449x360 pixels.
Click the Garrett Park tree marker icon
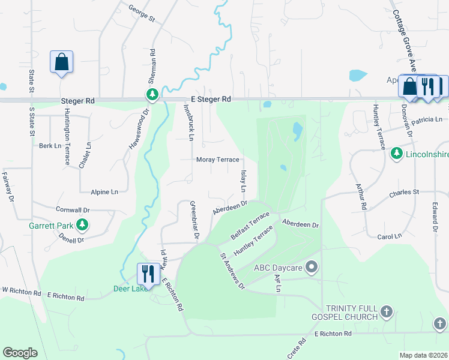point(83,226)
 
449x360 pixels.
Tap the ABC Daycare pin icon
point(311,266)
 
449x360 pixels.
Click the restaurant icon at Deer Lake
point(147,274)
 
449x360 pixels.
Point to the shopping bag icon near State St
point(61,61)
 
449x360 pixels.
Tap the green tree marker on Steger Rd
point(152,95)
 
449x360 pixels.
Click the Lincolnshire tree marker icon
point(396,154)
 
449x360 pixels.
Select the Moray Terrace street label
point(218,160)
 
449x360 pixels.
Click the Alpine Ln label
point(104,192)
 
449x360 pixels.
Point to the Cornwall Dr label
point(73,211)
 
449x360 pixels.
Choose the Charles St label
point(403,193)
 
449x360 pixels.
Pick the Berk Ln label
point(50,146)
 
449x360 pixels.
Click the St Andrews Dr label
point(233,271)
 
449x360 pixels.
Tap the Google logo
point(20,353)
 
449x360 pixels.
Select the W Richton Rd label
point(20,291)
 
